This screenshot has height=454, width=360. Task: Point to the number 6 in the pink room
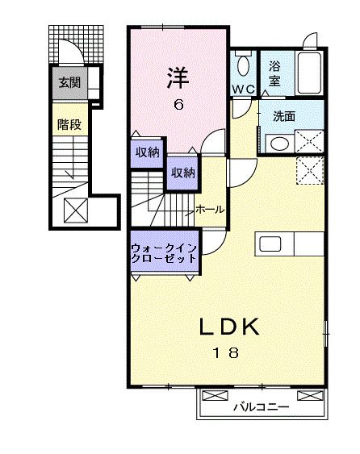coord(178,105)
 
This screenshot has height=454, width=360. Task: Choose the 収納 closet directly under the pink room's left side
coord(147,152)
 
